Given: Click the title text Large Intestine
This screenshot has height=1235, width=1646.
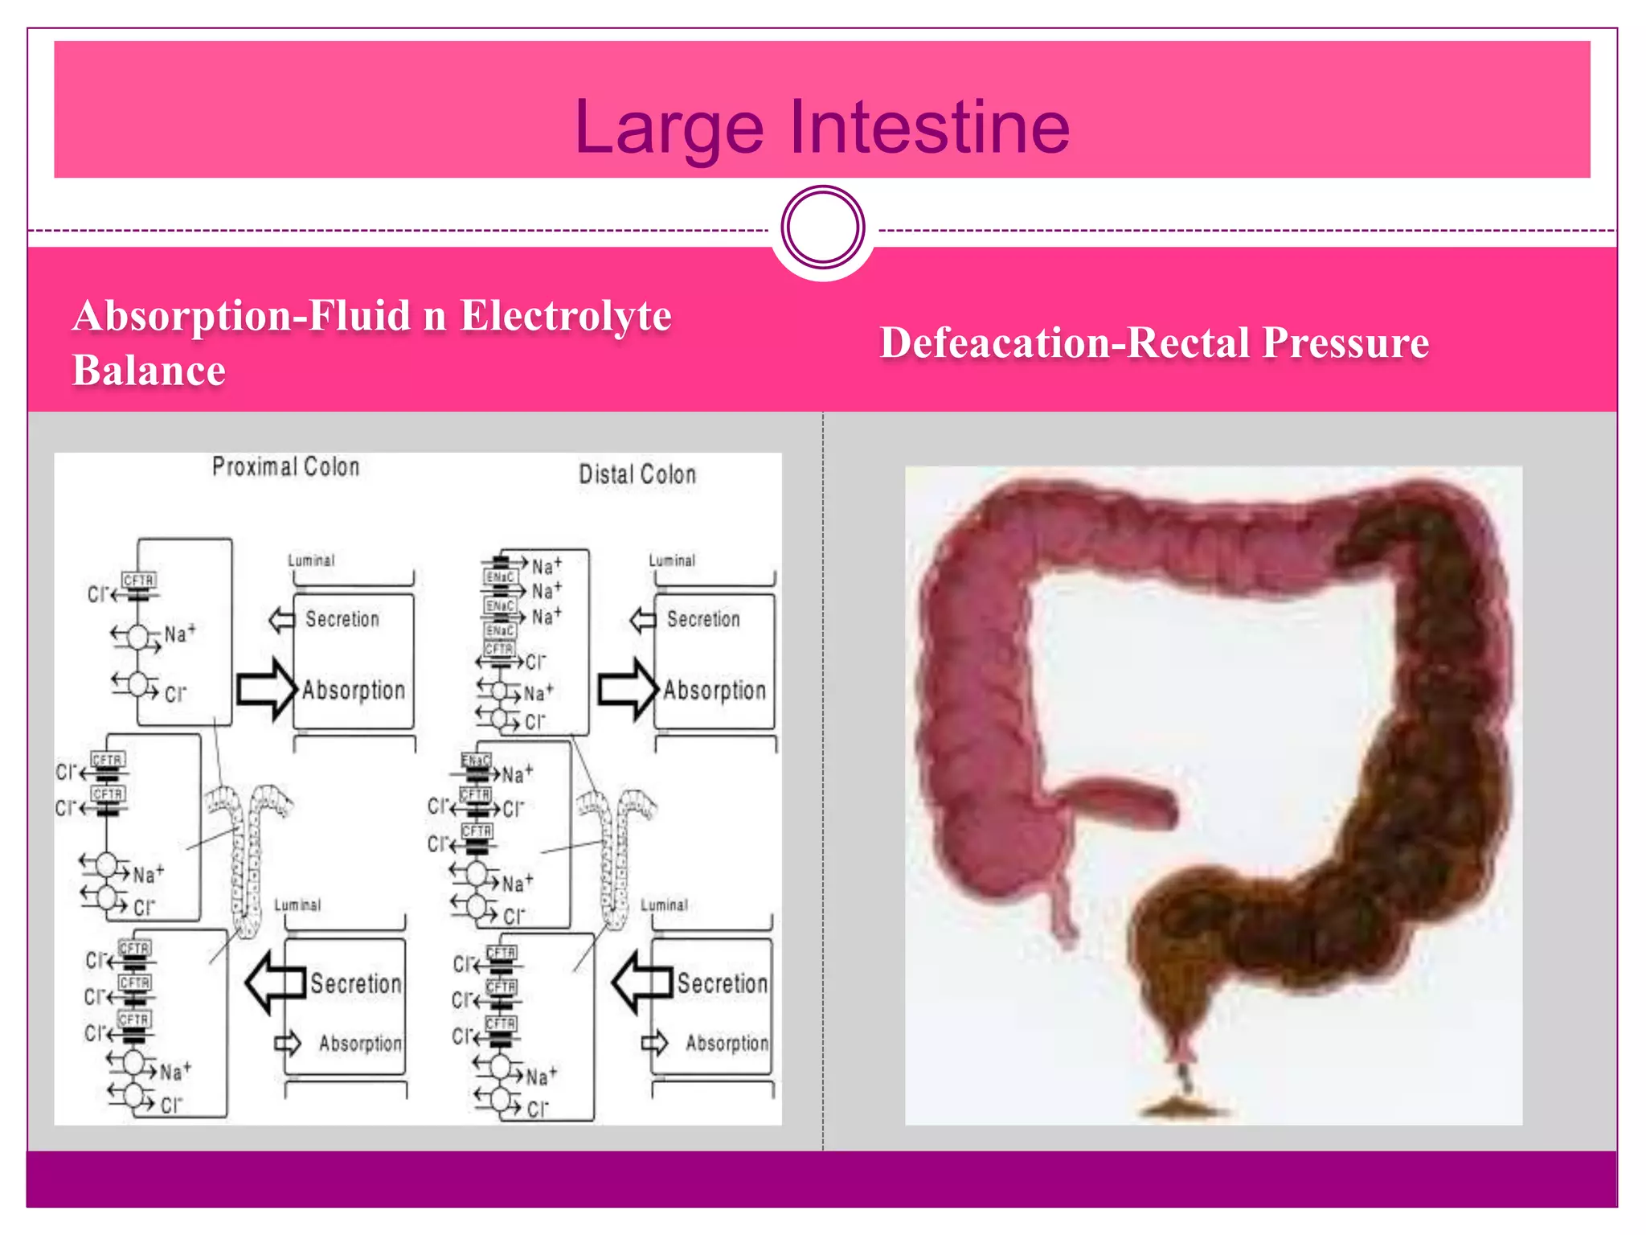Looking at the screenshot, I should coord(822,127).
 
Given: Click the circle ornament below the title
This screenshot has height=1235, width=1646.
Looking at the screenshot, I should coord(823,227).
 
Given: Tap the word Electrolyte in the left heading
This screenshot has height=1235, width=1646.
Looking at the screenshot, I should coord(566,316).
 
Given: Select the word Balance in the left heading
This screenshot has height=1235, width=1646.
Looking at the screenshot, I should coord(149,371).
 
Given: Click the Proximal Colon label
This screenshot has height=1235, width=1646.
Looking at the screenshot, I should coord(285,467).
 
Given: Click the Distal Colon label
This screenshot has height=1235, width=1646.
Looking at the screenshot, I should coord(637,474).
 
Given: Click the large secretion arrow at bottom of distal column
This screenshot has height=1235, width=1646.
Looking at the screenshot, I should coord(641,983).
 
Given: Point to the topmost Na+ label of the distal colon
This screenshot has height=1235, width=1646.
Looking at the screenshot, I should coord(547,566).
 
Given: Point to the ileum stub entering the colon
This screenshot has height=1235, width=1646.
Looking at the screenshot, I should coord(1117,800).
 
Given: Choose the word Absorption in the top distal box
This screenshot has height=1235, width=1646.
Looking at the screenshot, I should coord(714,691).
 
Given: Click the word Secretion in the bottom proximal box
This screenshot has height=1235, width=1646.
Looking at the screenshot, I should coord(356,983).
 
